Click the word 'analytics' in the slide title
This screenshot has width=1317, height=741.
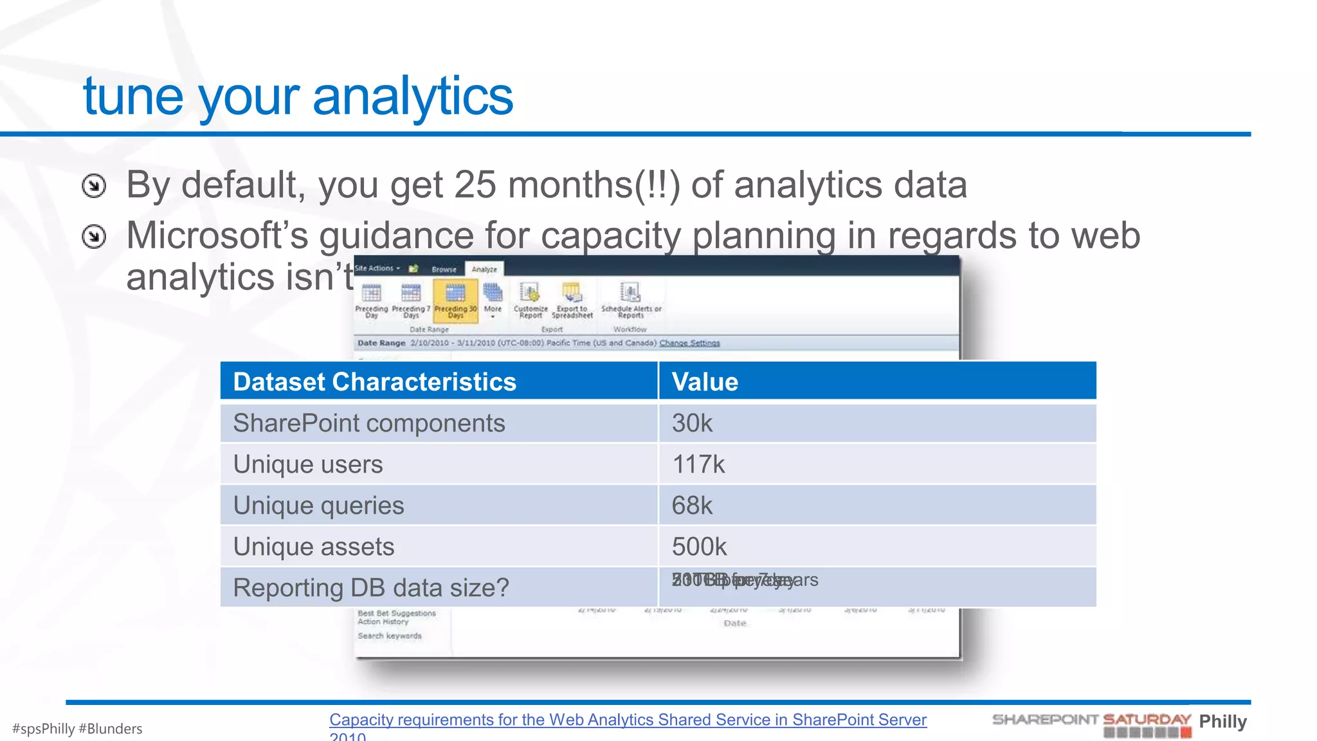point(412,96)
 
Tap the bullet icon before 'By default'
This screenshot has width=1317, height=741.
point(94,187)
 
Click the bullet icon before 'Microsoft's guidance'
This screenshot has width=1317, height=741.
point(94,237)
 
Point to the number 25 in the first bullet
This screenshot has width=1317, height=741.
point(475,185)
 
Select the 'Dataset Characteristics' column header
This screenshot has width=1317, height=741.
point(374,381)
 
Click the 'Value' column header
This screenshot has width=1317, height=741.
point(705,381)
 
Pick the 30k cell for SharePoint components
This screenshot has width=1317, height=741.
point(692,423)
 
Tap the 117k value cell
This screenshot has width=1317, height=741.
point(698,464)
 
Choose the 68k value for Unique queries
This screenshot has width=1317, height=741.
point(692,506)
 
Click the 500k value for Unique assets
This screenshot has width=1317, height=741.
point(699,547)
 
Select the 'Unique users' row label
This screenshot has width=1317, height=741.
point(307,464)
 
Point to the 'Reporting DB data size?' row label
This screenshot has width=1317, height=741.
point(370,588)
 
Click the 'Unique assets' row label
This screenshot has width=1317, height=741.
point(313,547)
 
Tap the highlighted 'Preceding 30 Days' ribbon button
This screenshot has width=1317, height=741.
point(455,300)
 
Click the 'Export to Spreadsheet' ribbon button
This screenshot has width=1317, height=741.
point(572,300)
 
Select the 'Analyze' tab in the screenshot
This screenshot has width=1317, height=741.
point(484,270)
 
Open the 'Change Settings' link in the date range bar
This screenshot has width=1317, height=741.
point(689,343)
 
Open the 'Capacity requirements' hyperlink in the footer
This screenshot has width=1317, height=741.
point(628,720)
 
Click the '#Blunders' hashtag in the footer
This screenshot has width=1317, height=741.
point(110,729)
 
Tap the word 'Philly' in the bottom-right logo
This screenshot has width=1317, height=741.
point(1222,722)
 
